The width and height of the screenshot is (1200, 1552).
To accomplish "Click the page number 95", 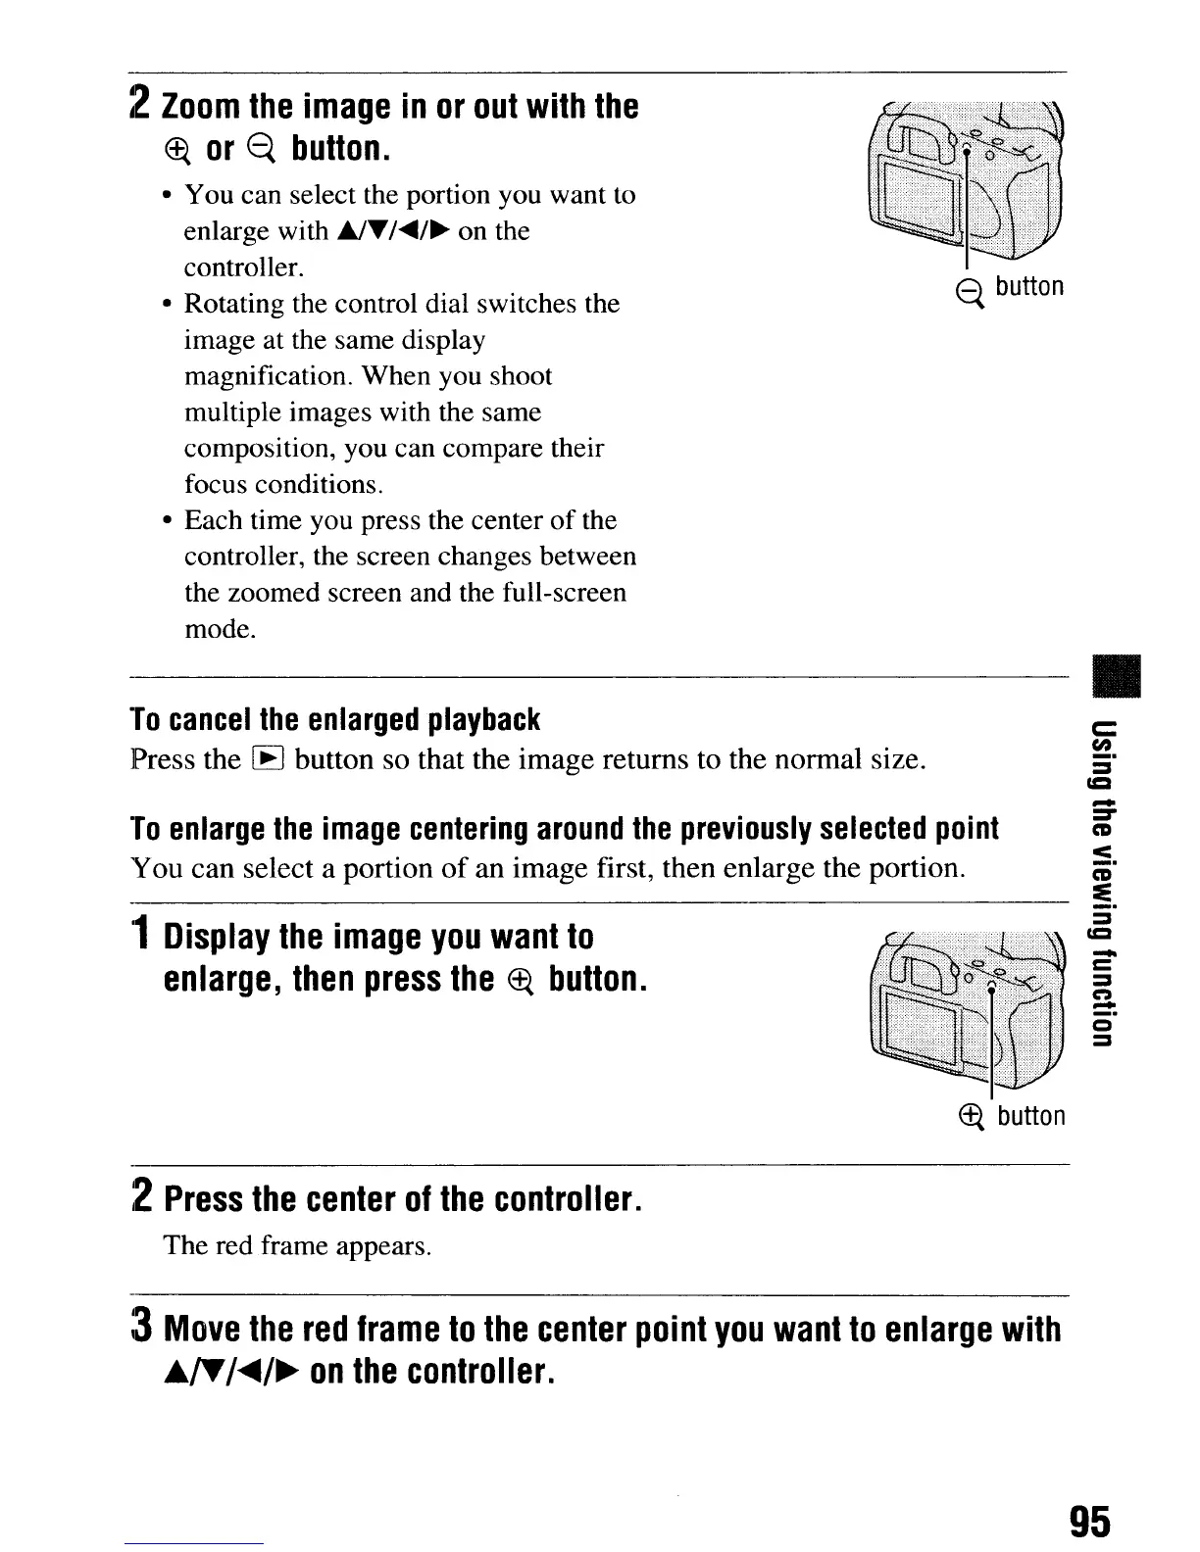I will pyautogui.click(x=1089, y=1523).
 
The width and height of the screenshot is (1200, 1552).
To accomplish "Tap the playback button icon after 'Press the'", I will pyautogui.click(x=268, y=759).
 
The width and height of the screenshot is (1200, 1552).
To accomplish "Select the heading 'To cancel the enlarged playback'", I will pyautogui.click(x=334, y=720).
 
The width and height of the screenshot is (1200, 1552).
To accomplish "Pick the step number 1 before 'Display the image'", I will pyautogui.click(x=142, y=938).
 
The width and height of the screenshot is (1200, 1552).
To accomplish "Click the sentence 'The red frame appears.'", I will pyautogui.click(x=297, y=1245).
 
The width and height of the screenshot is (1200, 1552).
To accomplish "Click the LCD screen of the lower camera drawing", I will pyautogui.click(x=917, y=1025).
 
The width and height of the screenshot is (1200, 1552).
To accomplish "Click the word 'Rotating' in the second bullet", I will pyautogui.click(x=236, y=304).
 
